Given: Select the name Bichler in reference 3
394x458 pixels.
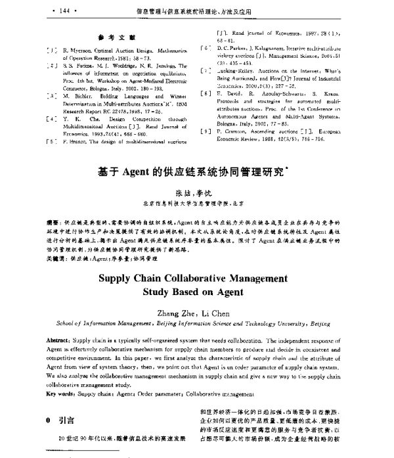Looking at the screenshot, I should pos(67,95).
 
